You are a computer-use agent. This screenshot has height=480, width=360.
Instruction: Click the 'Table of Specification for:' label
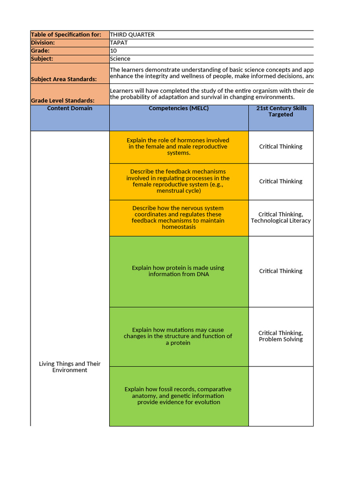[x=66, y=35]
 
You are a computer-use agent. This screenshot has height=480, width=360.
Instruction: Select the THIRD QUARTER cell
[x=132, y=35]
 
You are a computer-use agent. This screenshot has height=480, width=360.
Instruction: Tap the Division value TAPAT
[x=119, y=43]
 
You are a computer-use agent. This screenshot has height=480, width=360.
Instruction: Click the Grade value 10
[x=113, y=51]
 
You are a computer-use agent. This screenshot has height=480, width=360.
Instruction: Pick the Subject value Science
[x=120, y=59]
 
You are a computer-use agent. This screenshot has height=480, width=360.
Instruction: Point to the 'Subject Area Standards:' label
[x=64, y=79]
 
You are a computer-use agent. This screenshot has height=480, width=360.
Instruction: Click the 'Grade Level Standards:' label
[x=62, y=101]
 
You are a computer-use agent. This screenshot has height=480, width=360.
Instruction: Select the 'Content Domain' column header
[x=70, y=109]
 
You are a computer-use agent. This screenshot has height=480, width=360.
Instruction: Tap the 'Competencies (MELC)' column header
[x=179, y=109]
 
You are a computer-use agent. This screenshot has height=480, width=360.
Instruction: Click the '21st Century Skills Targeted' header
[x=281, y=112]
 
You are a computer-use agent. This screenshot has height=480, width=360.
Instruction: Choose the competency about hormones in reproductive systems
[x=178, y=147]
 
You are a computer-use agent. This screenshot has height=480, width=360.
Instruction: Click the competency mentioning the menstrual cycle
[x=178, y=181]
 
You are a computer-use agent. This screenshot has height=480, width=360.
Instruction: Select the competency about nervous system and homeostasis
[x=178, y=217]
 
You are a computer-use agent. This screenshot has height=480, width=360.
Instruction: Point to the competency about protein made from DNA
[x=178, y=271]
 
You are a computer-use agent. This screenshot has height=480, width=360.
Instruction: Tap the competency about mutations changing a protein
[x=178, y=337]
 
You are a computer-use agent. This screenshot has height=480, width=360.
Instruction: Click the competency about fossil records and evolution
[x=178, y=396]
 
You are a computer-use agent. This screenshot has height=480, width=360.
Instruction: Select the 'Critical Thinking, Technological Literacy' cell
[x=281, y=217]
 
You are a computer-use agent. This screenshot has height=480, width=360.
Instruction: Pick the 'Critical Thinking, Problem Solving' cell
[x=281, y=336]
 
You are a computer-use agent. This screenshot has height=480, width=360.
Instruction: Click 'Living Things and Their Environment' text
[x=69, y=367]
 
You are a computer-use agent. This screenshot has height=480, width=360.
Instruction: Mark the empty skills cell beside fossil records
[x=281, y=396]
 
